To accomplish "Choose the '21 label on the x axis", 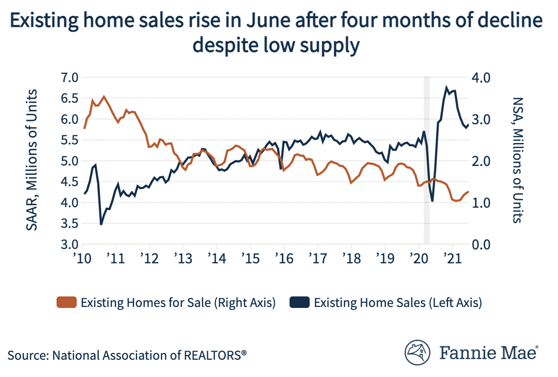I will tap(451, 257).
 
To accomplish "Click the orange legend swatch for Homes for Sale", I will tap(66, 303).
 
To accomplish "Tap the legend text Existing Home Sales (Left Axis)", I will tap(397, 303).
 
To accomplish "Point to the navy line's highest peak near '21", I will tap(447, 88).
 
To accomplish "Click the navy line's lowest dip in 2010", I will tap(101, 224).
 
